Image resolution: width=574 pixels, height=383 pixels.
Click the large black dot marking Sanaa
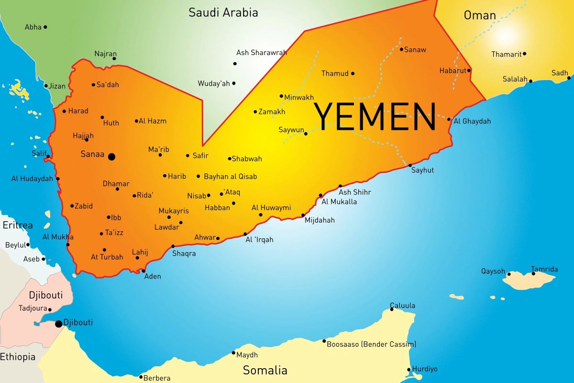point(111,157)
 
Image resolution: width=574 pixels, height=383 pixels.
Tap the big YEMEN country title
point(375,117)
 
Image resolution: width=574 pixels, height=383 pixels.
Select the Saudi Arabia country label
point(223,12)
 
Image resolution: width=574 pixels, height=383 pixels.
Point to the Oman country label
point(480,15)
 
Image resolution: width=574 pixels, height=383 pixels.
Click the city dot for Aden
point(143,271)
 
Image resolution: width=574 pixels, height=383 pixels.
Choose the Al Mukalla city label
point(339,202)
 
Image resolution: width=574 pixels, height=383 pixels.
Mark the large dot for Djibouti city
point(59,324)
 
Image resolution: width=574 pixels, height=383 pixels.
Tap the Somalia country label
point(265,370)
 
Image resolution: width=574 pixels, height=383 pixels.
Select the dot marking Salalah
point(530,81)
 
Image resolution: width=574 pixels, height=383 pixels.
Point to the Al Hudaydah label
point(32,179)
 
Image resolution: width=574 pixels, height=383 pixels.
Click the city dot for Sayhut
point(410,165)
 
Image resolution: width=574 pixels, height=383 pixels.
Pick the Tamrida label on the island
point(544,269)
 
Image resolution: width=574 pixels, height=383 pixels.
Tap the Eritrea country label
point(18,225)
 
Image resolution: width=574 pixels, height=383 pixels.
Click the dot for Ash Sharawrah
point(235,64)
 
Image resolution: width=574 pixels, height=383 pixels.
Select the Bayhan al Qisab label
point(230,177)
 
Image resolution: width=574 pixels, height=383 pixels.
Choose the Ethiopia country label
point(18,357)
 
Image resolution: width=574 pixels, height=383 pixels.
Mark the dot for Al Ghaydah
point(449,119)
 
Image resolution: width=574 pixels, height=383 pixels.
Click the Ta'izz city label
point(114,233)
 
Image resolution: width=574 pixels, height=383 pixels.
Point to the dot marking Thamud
point(353,74)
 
